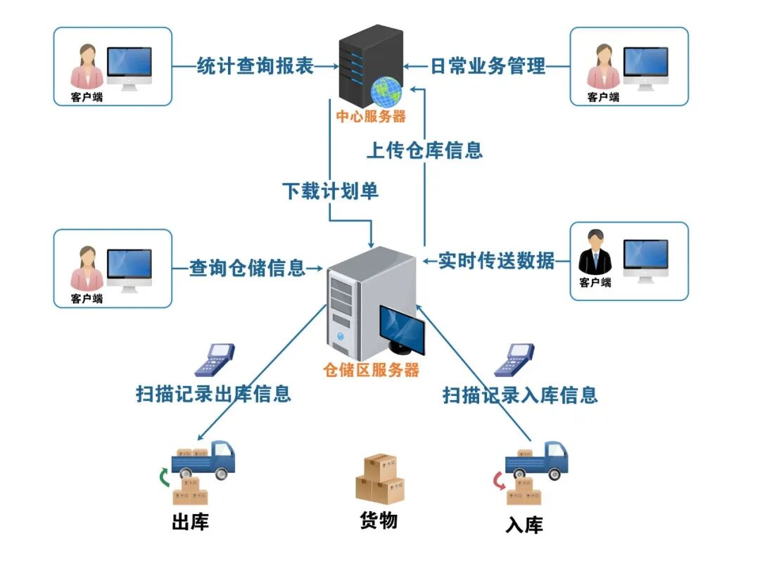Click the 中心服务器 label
370,117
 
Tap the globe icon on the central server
386,91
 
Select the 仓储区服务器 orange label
371,370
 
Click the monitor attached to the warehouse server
402,327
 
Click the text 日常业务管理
488,66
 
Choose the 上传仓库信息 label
425,150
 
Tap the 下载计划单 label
330,191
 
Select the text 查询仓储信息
247,267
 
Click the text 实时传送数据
496,260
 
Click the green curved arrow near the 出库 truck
164,478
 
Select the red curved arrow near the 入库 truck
498,481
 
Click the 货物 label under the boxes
379,520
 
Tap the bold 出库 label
190,523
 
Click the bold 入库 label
524,525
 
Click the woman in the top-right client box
603,66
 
